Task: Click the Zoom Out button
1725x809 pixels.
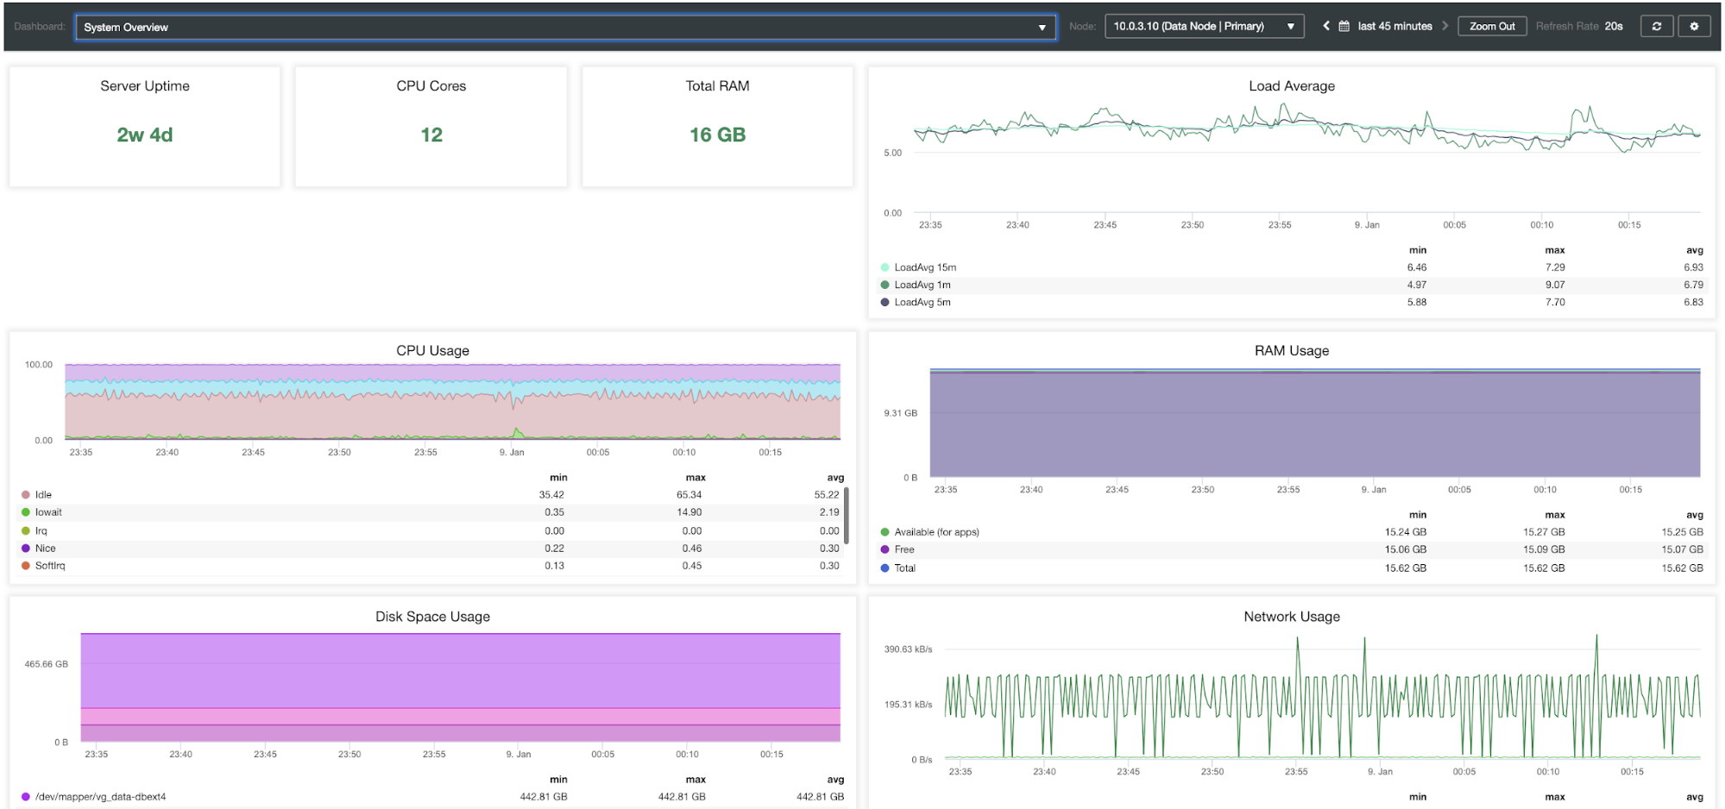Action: click(1492, 27)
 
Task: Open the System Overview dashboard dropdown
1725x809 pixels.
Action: click(565, 28)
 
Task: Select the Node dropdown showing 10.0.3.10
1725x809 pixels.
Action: click(1204, 27)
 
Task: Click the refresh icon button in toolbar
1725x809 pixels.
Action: click(1656, 27)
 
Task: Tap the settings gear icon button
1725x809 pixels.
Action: click(1694, 27)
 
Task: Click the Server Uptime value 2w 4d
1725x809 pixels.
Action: click(145, 135)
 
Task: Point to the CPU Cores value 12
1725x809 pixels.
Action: click(431, 135)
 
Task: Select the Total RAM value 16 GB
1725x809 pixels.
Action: click(717, 135)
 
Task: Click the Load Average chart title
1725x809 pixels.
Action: click(1292, 86)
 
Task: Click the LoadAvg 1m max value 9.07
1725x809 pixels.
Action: click(1555, 285)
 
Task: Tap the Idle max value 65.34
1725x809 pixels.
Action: click(689, 495)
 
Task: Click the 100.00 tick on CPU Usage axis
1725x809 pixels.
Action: click(39, 365)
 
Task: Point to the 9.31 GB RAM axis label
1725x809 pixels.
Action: click(900, 413)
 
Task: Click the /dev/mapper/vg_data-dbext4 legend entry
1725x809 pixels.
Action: click(94, 797)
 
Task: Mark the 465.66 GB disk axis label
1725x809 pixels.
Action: click(46, 664)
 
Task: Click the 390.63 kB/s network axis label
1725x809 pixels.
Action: click(908, 649)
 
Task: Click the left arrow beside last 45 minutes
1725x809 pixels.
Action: click(1326, 26)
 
